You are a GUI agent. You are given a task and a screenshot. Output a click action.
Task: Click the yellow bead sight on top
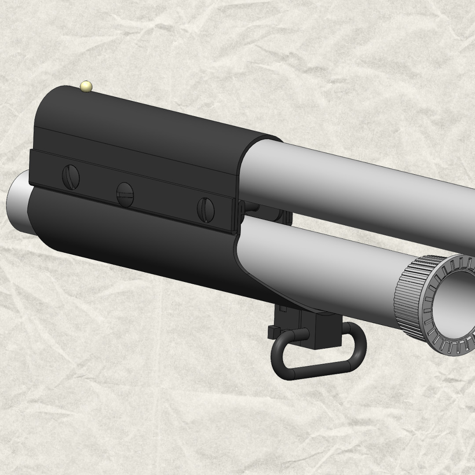[x=86, y=87]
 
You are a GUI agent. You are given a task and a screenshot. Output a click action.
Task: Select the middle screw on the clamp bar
[x=125, y=194]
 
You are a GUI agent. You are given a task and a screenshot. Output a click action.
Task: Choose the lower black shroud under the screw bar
[x=132, y=246]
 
